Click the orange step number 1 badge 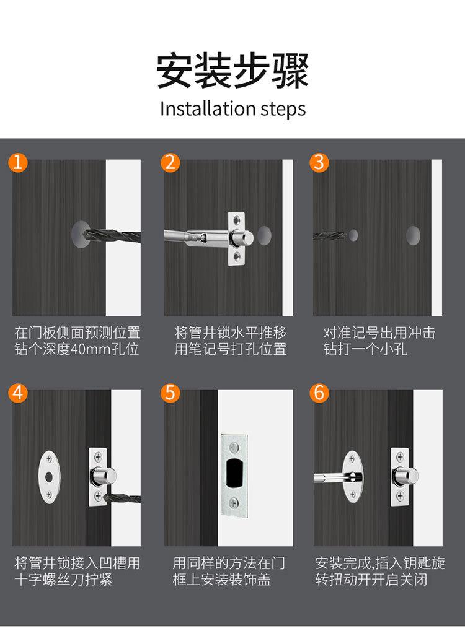pyautogui.click(x=18, y=162)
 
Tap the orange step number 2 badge pyautogui.click(x=170, y=162)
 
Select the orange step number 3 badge pyautogui.click(x=319, y=162)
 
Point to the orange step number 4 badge pyautogui.click(x=18, y=393)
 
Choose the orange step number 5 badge pyautogui.click(x=170, y=393)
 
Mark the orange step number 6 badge pyautogui.click(x=319, y=393)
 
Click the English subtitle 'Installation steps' pyautogui.click(x=232, y=109)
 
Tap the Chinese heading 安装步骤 pyautogui.click(x=232, y=71)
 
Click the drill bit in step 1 pyautogui.click(x=112, y=235)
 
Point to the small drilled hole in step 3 pyautogui.click(x=353, y=235)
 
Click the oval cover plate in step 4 pyautogui.click(x=49, y=477)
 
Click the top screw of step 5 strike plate pyautogui.click(x=234, y=446)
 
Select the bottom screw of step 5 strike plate pyautogui.click(x=234, y=502)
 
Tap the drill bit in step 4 pyautogui.click(x=123, y=498)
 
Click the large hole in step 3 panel pyautogui.click(x=413, y=235)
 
